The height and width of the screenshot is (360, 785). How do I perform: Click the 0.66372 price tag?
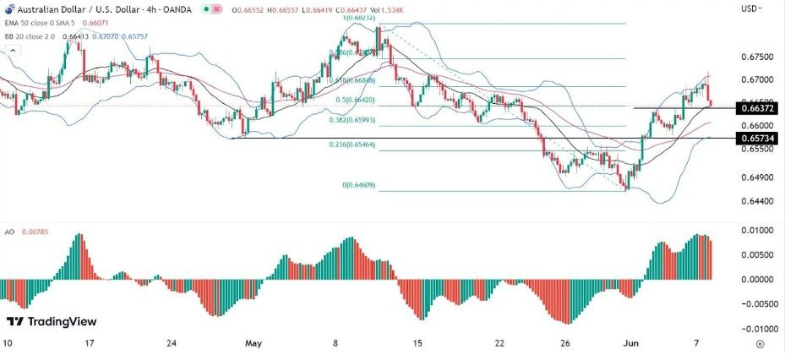756,108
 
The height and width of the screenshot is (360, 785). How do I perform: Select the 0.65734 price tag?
756,138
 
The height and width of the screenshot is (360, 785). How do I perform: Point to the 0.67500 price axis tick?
756,57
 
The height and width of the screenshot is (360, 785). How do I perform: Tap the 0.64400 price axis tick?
756,201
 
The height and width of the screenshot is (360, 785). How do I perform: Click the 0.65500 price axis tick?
756,149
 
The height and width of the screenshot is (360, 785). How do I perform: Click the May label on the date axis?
254,344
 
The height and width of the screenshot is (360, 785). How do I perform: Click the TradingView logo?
52,322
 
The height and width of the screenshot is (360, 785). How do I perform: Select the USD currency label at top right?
749,8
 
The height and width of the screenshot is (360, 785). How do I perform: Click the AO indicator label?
10,231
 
